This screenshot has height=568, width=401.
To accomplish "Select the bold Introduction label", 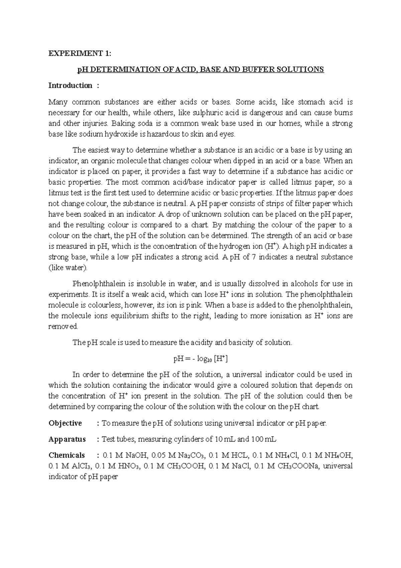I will [70, 86].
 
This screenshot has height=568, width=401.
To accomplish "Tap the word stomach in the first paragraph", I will [312, 102].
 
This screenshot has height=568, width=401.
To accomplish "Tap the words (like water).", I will [68, 268].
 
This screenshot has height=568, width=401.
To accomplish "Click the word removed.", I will [63, 327].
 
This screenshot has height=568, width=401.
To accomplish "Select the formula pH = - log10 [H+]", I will [200, 359].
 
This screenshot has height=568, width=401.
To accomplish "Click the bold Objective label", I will [65, 423].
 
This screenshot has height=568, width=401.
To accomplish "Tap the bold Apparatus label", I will [67, 439].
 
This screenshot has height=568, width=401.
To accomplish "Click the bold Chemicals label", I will [66, 455].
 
